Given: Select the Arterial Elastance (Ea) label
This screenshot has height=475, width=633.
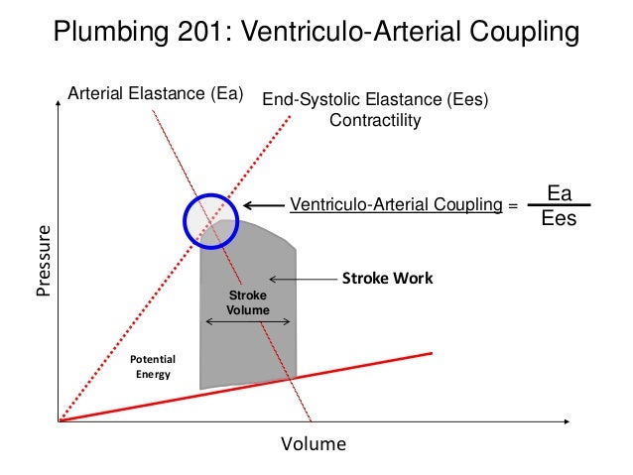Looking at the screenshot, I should pos(155,95).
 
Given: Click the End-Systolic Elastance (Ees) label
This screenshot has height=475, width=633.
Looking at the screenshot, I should pos(375,99).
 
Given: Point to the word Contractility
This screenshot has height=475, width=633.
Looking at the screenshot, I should pos(375,120).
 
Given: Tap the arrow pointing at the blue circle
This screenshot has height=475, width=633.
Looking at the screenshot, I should pos(264,205).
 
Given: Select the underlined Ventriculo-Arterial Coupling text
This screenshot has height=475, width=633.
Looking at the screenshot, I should pos(396,205).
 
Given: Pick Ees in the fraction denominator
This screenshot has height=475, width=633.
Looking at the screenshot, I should pos(559,219).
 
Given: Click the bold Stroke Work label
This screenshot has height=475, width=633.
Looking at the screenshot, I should pos(387,279).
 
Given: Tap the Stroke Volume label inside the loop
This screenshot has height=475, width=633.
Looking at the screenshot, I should pos(248,302).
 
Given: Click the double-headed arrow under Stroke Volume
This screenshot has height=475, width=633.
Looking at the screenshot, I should pos(248,321).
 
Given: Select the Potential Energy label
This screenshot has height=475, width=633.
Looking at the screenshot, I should pos(153,366).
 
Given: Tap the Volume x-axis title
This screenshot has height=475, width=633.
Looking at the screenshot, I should pos(314,443).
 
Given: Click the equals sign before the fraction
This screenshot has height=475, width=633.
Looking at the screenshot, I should pos(513,206).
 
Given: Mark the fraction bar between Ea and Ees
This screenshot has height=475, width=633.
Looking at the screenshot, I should pos(560,205).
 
